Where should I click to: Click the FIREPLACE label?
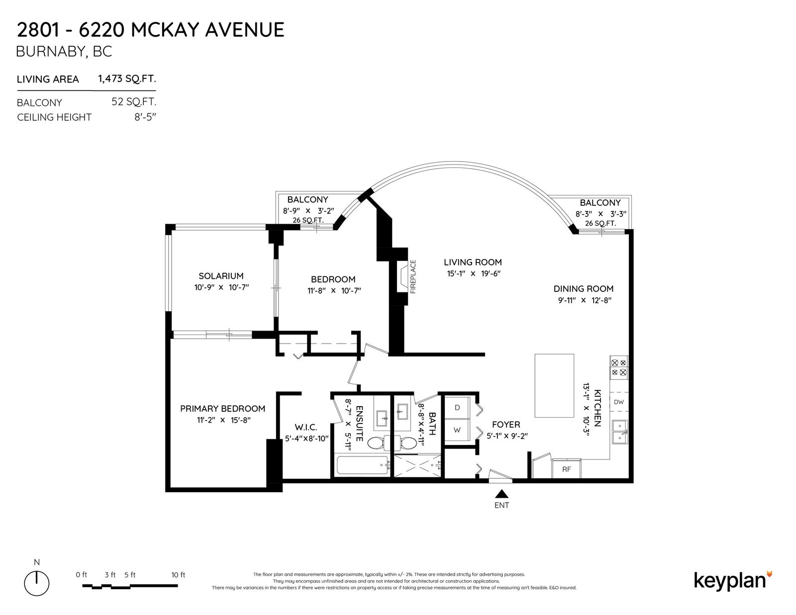(x=413, y=276)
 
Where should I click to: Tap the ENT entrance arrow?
(x=501, y=494)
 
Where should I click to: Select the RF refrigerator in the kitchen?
(x=566, y=469)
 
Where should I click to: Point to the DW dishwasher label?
(x=619, y=402)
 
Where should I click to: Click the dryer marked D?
(x=457, y=408)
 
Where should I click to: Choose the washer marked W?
(x=457, y=430)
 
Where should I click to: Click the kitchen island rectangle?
(x=554, y=385)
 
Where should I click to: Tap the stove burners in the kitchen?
(x=619, y=367)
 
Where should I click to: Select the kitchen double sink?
(x=619, y=432)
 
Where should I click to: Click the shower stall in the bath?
(x=417, y=466)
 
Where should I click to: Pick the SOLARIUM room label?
(x=221, y=276)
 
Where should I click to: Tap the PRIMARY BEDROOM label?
(x=222, y=409)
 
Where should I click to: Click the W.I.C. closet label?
(x=306, y=427)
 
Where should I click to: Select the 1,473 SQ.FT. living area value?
(x=127, y=79)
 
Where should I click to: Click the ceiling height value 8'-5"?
(x=145, y=117)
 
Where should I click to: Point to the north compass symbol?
(x=37, y=583)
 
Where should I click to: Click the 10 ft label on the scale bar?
(x=178, y=575)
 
